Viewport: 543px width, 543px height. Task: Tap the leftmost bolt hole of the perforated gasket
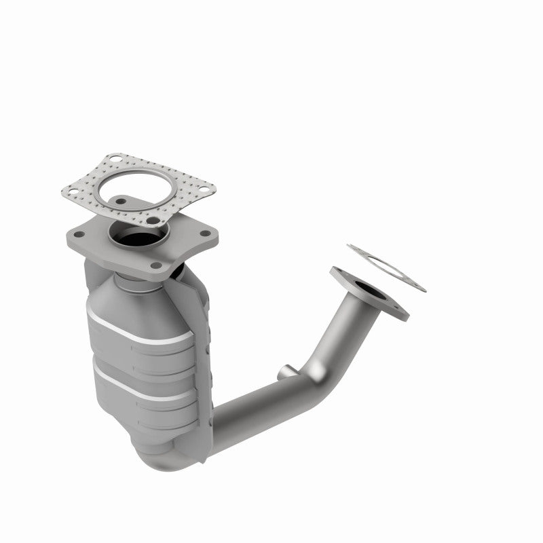pyautogui.click(x=71, y=193)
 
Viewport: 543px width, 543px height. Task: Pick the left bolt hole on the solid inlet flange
pyautogui.click(x=79, y=235)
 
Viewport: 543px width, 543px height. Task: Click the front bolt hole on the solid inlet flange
pyautogui.click(x=156, y=265)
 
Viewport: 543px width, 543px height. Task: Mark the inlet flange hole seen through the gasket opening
pyautogui.click(x=121, y=202)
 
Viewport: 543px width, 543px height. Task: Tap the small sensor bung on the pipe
pyautogui.click(x=285, y=371)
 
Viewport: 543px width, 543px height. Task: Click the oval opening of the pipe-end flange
pyautogui.click(x=371, y=293)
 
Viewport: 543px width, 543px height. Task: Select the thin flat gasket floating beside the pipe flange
pyautogui.click(x=387, y=268)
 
